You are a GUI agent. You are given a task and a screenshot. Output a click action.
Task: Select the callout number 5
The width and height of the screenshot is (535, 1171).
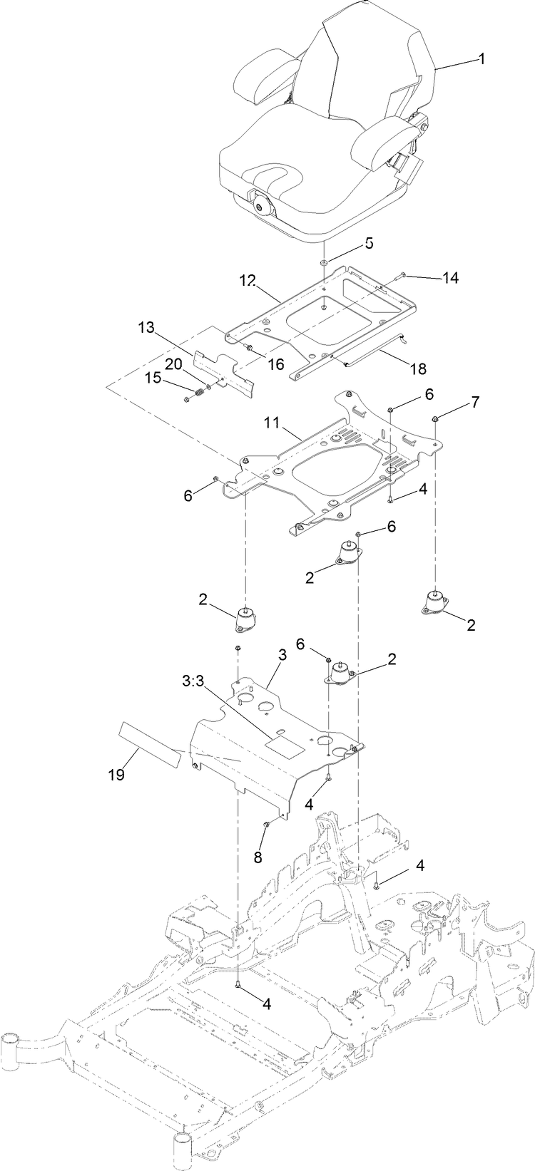click(x=369, y=243)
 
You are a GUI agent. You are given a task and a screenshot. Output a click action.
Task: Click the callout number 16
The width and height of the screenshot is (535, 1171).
click(x=275, y=363)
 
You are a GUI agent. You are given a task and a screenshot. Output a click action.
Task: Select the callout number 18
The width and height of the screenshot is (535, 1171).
click(x=418, y=368)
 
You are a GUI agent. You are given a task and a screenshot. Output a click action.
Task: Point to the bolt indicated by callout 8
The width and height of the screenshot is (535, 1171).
click(x=265, y=825)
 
